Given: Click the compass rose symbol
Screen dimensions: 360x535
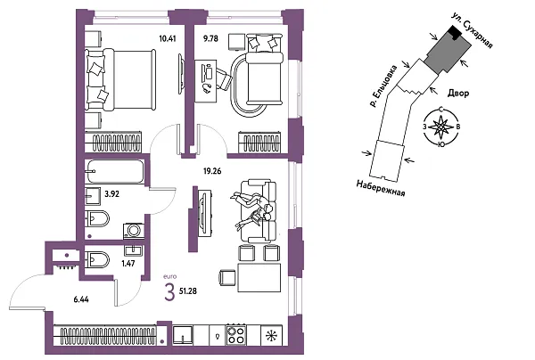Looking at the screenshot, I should (439, 126).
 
